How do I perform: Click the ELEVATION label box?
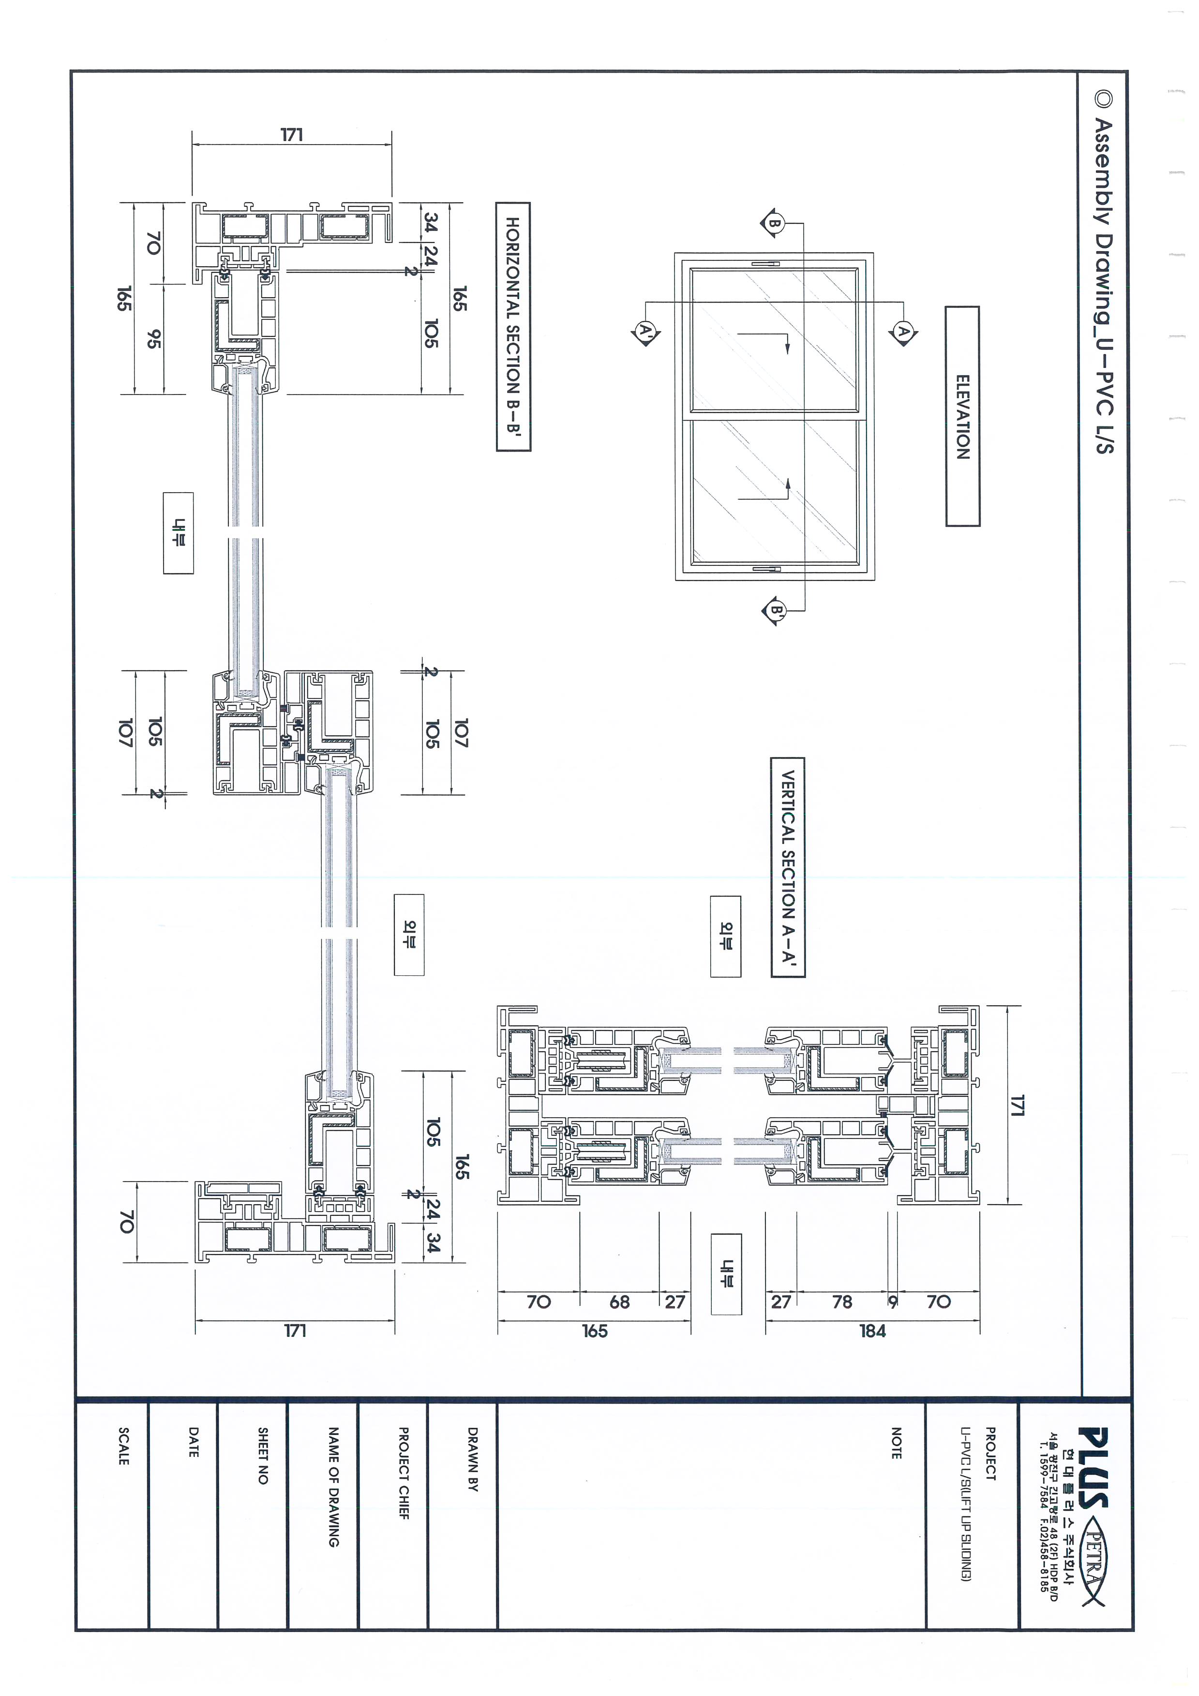[962, 417]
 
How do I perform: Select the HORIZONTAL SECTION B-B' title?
[513, 327]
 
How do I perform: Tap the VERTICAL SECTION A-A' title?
[788, 867]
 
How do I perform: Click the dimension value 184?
[872, 1331]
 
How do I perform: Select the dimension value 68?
[619, 1302]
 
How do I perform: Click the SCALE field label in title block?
[123, 1446]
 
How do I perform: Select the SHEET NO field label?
[263, 1455]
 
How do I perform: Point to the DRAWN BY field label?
[473, 1459]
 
